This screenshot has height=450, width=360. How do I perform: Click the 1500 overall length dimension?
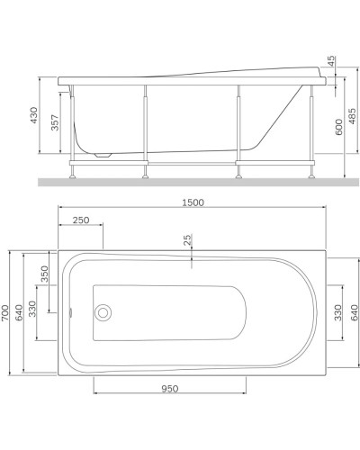click(192, 202)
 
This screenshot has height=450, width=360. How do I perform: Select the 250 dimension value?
click(80, 220)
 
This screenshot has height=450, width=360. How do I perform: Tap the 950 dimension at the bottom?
click(169, 389)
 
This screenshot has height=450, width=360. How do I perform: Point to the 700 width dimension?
click(5, 312)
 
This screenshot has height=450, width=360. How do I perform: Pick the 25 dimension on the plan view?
click(187, 240)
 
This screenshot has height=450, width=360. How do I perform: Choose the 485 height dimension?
click(353, 117)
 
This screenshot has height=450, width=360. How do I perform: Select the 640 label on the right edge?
click(354, 312)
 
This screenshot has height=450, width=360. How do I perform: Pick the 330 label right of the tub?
click(337, 312)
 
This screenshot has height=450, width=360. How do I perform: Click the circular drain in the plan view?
click(103, 313)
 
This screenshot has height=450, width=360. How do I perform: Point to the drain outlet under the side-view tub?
click(106, 156)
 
